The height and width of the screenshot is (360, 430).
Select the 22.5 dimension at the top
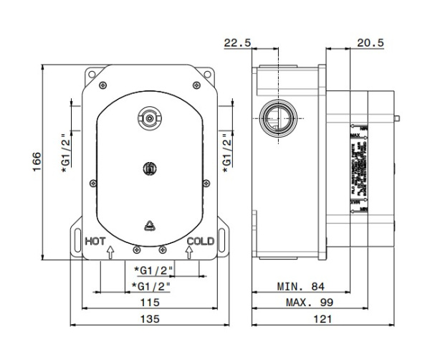[236, 43]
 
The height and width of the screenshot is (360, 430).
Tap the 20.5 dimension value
[371, 43]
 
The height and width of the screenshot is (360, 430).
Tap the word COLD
[200, 242]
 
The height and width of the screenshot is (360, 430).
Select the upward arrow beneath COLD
[189, 253]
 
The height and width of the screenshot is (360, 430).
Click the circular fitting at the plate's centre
[150, 168]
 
